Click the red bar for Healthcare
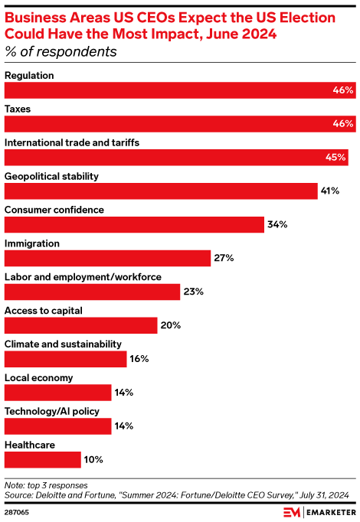pyautogui.click(x=43, y=459)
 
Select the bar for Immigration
pyautogui.click(x=107, y=258)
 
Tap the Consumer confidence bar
pyautogui.click(x=135, y=224)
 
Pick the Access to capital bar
pyautogui.click(x=80, y=325)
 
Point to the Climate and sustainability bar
pyautogui.click(x=65, y=359)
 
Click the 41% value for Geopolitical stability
pyautogui.click(x=331, y=191)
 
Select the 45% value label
pyautogui.click(x=335, y=158)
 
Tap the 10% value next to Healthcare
pyautogui.click(x=93, y=459)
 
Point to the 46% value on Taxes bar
pyautogui.click(x=343, y=124)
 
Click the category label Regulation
pyautogui.click(x=30, y=75)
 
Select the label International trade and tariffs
pyautogui.click(x=72, y=142)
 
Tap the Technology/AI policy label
pyautogui.click(x=52, y=411)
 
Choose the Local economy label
pyautogui.click(x=38, y=377)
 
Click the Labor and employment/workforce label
pyautogui.click(x=83, y=276)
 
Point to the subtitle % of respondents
pyautogui.click(x=61, y=52)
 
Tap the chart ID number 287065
pyautogui.click(x=17, y=511)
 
